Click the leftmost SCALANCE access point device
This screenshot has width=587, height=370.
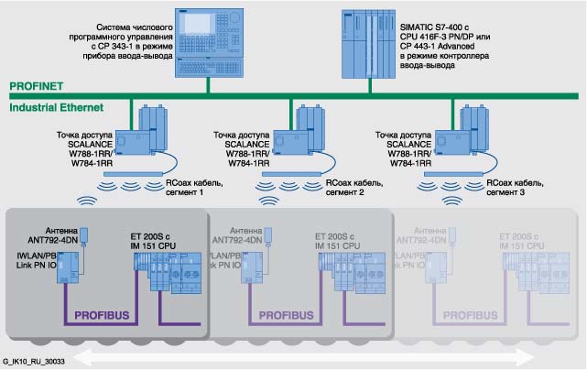[x=146, y=134]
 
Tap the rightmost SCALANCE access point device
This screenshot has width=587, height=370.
[x=464, y=134]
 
